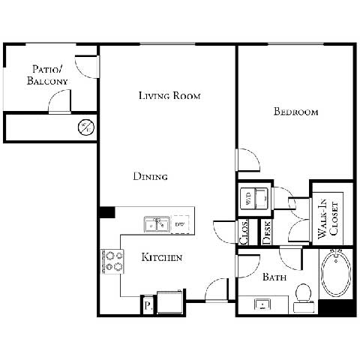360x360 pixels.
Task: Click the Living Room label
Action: (170, 96)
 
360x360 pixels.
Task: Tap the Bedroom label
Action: (295, 112)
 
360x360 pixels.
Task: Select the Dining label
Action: (150, 177)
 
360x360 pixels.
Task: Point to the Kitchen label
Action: (162, 258)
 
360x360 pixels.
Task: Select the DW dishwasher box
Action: (180, 223)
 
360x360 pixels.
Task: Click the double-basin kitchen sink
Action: (157, 223)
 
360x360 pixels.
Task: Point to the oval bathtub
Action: (336, 278)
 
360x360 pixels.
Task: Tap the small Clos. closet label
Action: (244, 232)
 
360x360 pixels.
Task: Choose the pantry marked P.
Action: (148, 306)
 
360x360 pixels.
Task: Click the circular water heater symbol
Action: (86, 127)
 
